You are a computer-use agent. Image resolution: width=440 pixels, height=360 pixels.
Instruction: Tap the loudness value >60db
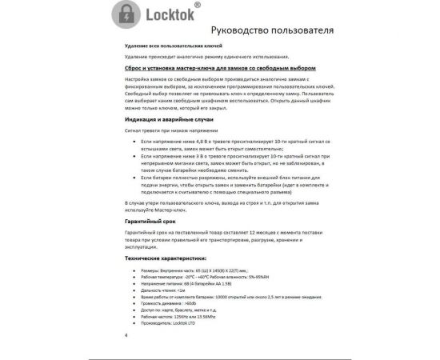[184, 302]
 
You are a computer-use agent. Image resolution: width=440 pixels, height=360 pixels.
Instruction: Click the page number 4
[126, 335]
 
